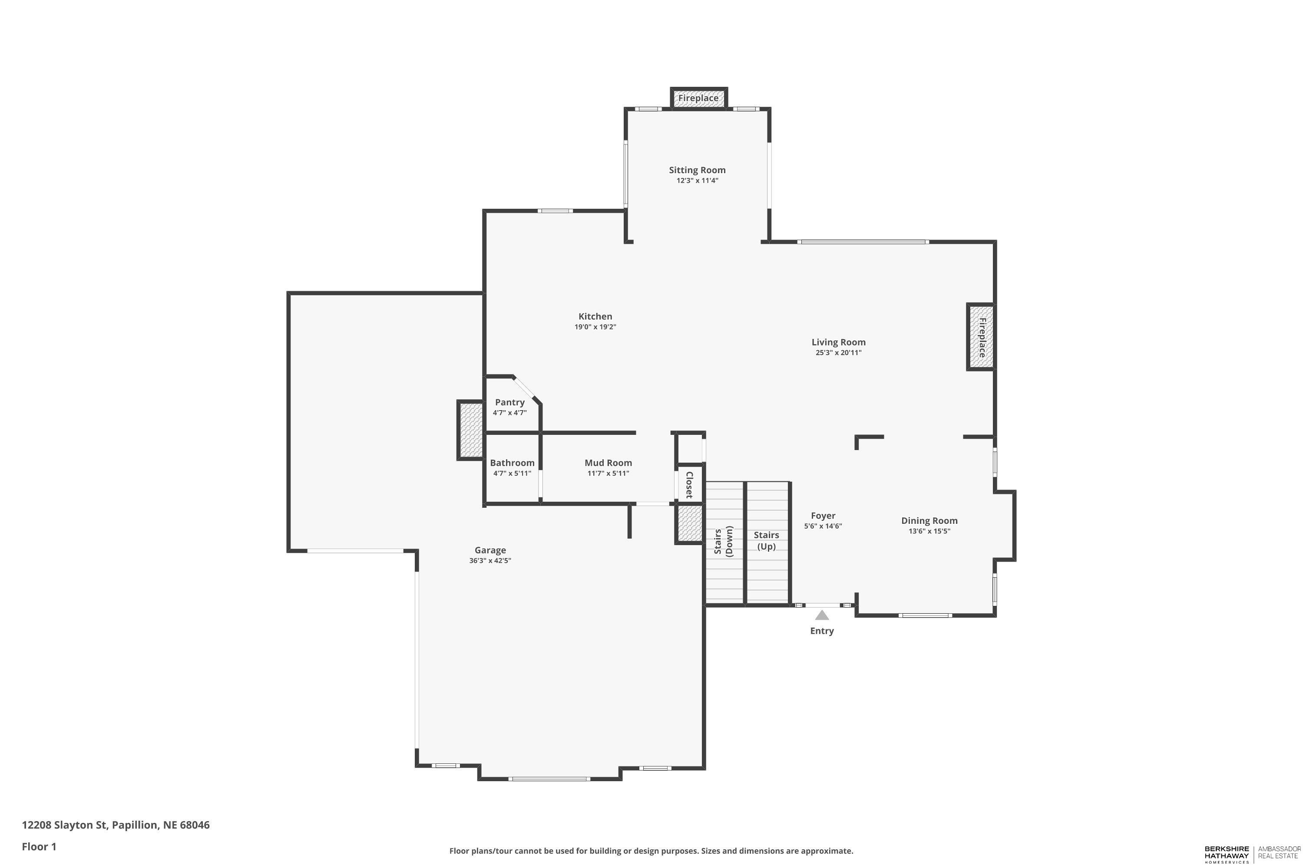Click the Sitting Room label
tap(697, 170)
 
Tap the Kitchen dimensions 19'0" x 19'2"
tap(595, 327)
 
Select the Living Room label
tap(838, 342)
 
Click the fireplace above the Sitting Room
tap(698, 98)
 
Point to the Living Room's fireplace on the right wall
tap(981, 337)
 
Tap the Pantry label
tap(509, 402)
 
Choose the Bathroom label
tap(512, 463)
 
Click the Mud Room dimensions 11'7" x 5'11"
tap(609, 473)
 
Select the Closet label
tap(689, 485)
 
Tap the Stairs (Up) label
tap(766, 541)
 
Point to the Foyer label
tap(823, 516)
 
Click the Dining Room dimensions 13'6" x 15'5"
tap(929, 531)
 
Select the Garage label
tap(490, 550)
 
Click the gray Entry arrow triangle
tap(822, 615)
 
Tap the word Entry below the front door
tap(822, 631)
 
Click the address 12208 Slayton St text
tap(64, 825)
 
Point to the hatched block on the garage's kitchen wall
tap(471, 430)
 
